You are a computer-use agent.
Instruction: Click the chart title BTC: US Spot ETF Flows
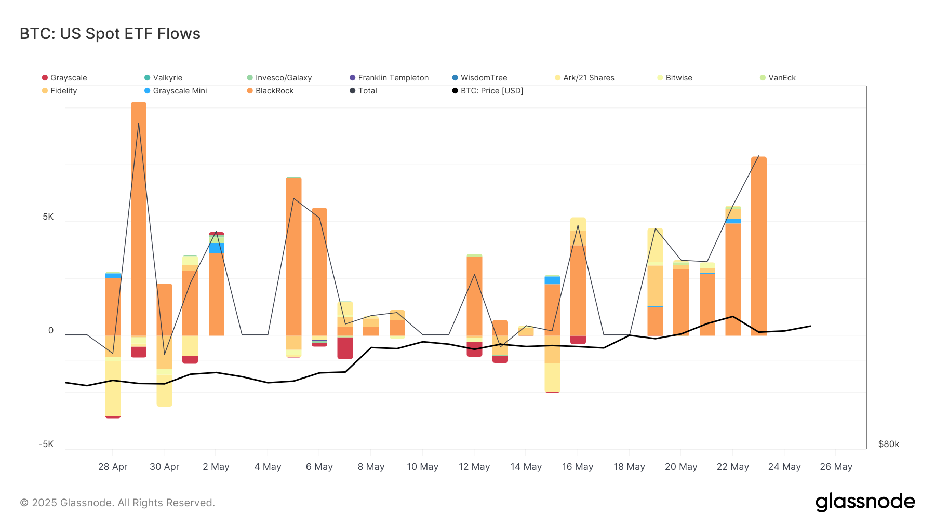tap(110, 34)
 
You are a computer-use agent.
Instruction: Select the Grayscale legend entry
tap(68, 78)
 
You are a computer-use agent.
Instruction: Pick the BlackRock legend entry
tap(274, 91)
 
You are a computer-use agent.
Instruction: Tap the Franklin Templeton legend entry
tap(393, 78)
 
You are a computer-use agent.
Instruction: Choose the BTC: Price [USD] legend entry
tap(491, 91)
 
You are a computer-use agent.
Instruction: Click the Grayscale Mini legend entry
tap(179, 91)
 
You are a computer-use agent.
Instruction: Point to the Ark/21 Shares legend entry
tap(588, 78)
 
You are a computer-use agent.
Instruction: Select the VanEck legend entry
tap(781, 78)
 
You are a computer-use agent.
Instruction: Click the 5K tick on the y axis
tap(48, 217)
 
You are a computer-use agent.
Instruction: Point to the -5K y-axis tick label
tap(46, 444)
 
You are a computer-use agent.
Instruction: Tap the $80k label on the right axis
tap(888, 444)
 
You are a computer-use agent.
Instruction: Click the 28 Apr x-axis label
tap(113, 467)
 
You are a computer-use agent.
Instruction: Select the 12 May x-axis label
tap(474, 467)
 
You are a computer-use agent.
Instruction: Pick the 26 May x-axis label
tap(836, 467)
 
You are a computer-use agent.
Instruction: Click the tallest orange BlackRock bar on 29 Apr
tap(139, 218)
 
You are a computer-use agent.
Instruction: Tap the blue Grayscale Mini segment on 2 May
tap(216, 248)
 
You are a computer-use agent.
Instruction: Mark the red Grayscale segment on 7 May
tap(345, 348)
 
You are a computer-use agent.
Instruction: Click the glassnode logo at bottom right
tap(865, 502)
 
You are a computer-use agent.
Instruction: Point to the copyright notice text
tap(117, 503)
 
